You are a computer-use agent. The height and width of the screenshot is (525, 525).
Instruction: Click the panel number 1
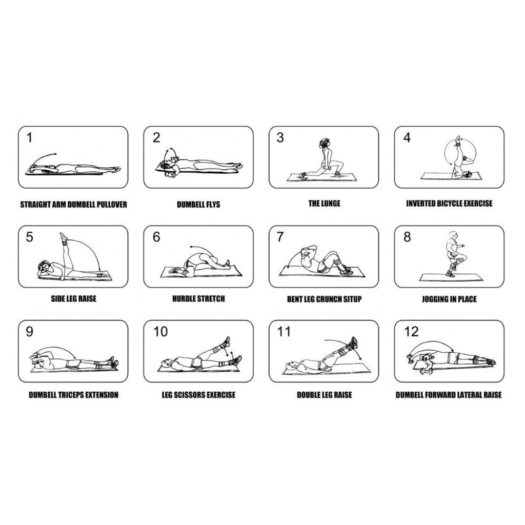point(29,137)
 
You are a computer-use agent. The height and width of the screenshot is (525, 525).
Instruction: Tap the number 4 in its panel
point(407,137)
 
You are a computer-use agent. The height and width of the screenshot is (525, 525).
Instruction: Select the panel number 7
point(280,237)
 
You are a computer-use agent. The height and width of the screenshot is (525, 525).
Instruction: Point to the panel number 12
point(411,332)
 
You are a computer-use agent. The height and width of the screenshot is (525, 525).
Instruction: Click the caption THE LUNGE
point(324,204)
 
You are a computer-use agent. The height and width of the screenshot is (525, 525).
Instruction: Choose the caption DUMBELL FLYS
point(198,204)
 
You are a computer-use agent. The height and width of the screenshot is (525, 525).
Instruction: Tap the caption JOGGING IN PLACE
point(449,299)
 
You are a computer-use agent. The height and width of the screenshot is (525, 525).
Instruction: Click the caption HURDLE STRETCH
point(198,299)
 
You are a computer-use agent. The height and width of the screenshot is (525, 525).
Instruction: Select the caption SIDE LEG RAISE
point(73,299)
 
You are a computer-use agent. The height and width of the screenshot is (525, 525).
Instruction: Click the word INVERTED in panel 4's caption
point(421,204)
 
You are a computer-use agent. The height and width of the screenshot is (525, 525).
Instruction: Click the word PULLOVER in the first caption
point(112,205)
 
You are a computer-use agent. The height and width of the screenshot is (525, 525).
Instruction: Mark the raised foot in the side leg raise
point(63,237)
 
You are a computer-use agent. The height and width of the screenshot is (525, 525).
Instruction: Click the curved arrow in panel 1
point(45,158)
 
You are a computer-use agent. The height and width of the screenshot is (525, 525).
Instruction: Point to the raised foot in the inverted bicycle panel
point(458,140)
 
